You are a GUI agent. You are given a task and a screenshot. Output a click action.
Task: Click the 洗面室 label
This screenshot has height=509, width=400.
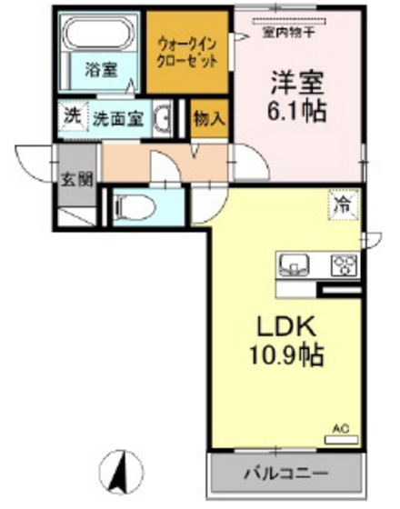coord(115,118)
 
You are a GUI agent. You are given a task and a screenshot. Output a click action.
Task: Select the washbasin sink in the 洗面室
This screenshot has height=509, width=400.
coord(165,120)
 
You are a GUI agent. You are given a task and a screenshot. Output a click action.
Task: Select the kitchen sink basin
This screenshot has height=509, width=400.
coord(295,264)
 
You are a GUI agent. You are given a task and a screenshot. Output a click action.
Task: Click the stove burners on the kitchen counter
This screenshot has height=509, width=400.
coord(344,264)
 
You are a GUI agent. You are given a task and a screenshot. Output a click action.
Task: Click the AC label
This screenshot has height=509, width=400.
coord(340,428)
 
